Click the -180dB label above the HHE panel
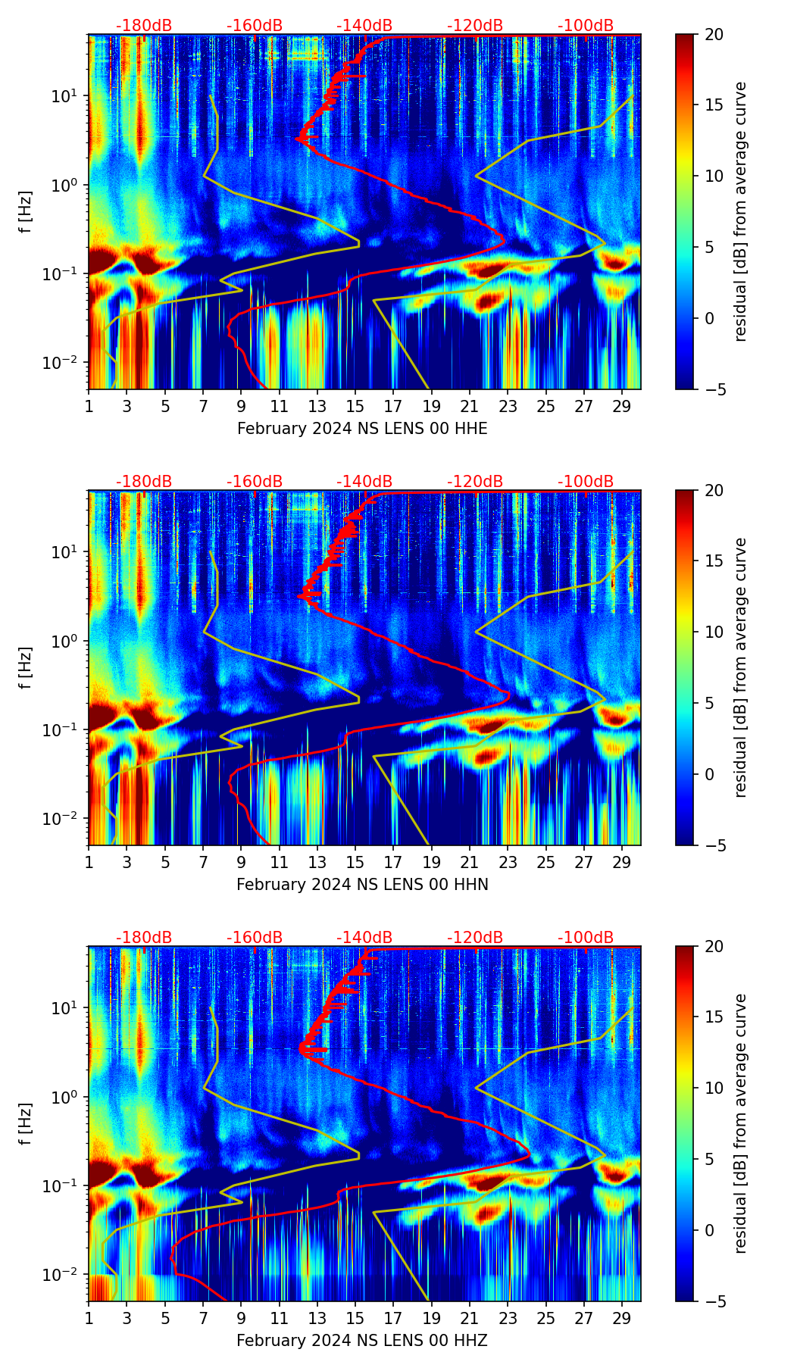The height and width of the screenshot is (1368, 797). tap(144, 26)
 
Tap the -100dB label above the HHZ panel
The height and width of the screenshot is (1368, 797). tap(586, 938)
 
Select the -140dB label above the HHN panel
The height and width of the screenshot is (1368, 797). tap(364, 482)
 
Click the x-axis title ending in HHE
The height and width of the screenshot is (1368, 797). tap(362, 429)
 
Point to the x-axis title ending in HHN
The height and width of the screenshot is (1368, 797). tap(362, 885)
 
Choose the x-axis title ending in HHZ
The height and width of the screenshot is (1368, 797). tap(362, 1341)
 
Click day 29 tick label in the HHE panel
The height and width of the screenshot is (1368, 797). tap(622, 407)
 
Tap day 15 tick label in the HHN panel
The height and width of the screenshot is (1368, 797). tap(355, 863)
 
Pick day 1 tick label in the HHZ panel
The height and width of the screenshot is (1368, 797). tap(89, 1319)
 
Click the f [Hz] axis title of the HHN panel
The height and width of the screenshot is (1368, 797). tap(26, 667)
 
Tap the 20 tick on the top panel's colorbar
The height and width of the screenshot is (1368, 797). tap(714, 35)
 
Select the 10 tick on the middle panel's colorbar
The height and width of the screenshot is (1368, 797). tap(714, 632)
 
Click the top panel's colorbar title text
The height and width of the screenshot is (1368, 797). tap(740, 211)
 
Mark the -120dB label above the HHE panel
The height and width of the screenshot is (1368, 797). tap(475, 26)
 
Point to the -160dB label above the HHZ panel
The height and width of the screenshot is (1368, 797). tap(255, 938)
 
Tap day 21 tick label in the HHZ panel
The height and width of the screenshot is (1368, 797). tap(470, 1319)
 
